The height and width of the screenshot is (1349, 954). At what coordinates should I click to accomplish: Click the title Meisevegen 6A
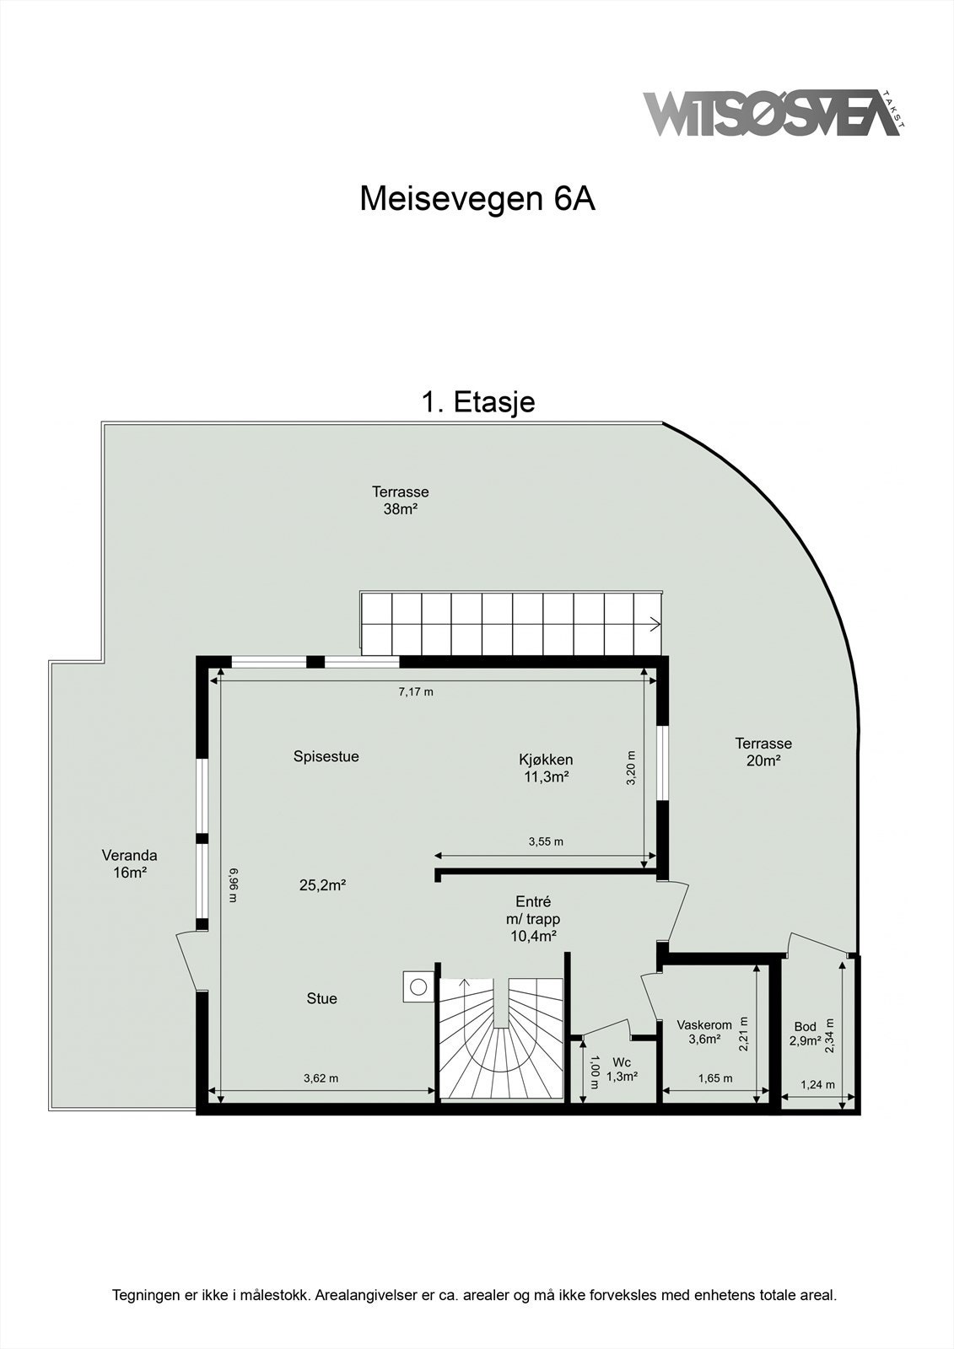(x=477, y=199)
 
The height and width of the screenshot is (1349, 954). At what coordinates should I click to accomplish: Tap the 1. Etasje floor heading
(x=477, y=402)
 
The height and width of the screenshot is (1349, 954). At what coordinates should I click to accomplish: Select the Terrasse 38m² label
(x=401, y=500)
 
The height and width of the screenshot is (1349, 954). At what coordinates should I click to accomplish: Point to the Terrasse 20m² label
(x=763, y=752)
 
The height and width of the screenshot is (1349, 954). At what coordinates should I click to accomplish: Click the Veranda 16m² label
(x=130, y=864)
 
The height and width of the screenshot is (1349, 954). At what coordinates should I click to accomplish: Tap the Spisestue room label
(x=326, y=756)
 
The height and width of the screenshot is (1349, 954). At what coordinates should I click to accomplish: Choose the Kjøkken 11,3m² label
(x=546, y=768)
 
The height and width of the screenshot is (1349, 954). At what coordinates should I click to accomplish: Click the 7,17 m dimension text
(x=416, y=692)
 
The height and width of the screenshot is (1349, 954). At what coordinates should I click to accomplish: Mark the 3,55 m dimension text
(x=546, y=841)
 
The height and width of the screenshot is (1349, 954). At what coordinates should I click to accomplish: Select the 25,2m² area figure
(x=323, y=885)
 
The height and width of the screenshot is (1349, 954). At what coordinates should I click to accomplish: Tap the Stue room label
(x=321, y=998)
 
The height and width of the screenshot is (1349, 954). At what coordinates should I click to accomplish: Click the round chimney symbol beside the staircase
(x=417, y=985)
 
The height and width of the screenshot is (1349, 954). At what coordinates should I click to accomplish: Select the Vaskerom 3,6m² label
(x=704, y=1032)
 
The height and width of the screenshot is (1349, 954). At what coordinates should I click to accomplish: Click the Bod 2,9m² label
(x=805, y=1034)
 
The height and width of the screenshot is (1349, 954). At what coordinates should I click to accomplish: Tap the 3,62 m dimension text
(x=321, y=1078)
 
